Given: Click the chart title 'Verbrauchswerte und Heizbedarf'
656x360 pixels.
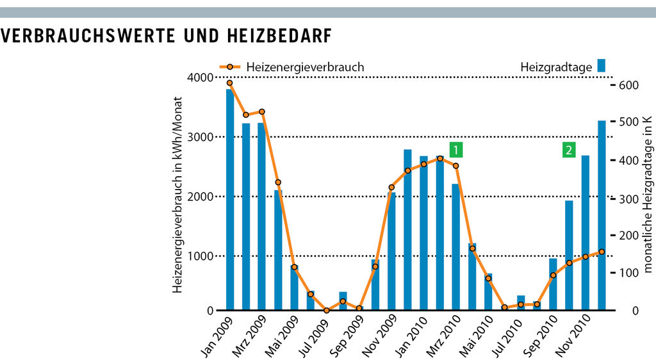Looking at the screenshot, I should [x=167, y=37].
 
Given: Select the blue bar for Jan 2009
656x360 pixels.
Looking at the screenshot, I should [x=229, y=199].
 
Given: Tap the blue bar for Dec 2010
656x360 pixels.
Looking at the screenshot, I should [x=602, y=215].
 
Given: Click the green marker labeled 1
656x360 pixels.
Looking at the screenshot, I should [x=456, y=150].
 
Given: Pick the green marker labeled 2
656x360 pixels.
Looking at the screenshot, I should [x=568, y=150].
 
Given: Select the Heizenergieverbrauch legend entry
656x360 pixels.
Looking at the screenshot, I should [x=291, y=67].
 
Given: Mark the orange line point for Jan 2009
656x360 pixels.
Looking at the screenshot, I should [x=229, y=83].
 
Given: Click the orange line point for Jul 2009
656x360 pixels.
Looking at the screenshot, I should [x=327, y=311].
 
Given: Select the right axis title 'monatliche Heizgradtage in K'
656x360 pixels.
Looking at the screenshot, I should [x=648, y=195].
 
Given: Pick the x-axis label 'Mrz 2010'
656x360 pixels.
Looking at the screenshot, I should [x=442, y=335].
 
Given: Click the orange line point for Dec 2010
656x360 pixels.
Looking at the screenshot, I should [x=602, y=252].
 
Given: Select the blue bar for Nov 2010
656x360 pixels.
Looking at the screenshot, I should [x=586, y=233].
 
